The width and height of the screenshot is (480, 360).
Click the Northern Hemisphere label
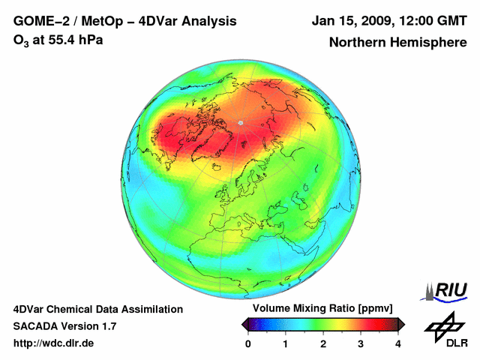point(397,42)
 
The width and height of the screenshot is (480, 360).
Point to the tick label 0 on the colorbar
point(248,343)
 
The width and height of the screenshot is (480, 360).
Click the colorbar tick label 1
point(286,343)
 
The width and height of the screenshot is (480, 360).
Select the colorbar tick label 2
point(323,343)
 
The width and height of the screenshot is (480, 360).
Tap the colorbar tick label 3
point(361,343)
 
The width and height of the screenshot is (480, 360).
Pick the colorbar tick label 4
point(398,343)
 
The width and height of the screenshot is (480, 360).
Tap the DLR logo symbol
point(445,325)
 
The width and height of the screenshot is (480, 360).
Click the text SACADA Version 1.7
point(64,326)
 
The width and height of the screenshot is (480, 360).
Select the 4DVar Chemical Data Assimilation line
point(97,309)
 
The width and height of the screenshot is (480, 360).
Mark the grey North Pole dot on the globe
point(240,122)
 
